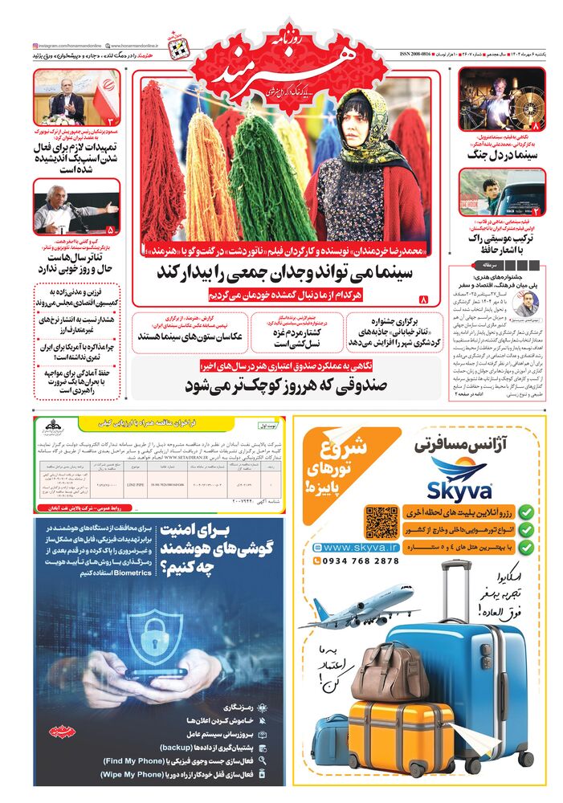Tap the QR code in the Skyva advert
(381, 522)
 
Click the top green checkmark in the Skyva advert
(525, 511)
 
